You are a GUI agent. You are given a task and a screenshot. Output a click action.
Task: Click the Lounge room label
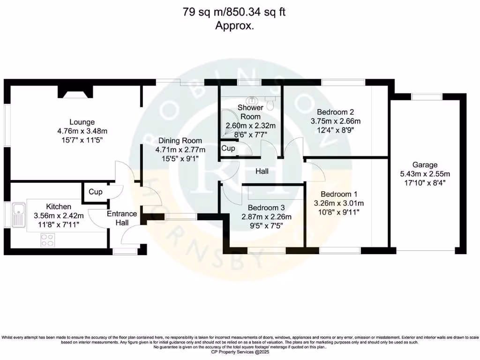tap(82, 122)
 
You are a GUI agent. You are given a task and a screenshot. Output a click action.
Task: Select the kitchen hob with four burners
tap(47, 240)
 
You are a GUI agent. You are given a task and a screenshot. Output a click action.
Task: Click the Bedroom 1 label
tap(336, 194)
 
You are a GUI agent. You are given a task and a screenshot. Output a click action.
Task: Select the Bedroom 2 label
tap(335, 112)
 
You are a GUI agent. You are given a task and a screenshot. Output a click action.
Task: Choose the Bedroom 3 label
tap(266, 208)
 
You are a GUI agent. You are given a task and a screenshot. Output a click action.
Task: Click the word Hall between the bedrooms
tap(262, 172)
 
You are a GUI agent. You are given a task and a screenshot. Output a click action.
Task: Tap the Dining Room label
tap(180, 141)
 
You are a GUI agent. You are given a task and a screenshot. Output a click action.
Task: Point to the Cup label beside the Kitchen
tap(95, 192)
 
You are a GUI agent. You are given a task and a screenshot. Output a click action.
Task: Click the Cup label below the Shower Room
tap(228, 148)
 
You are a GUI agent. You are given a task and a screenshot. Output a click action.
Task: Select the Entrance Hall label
tap(122, 218)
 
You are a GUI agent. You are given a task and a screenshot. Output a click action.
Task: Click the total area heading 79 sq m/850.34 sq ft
tap(234, 12)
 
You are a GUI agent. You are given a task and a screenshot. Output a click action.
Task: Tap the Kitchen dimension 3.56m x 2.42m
tap(59, 216)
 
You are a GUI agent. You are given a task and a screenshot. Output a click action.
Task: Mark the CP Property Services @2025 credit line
tap(240, 352)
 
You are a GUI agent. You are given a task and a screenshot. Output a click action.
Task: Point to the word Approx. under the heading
tap(234, 26)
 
